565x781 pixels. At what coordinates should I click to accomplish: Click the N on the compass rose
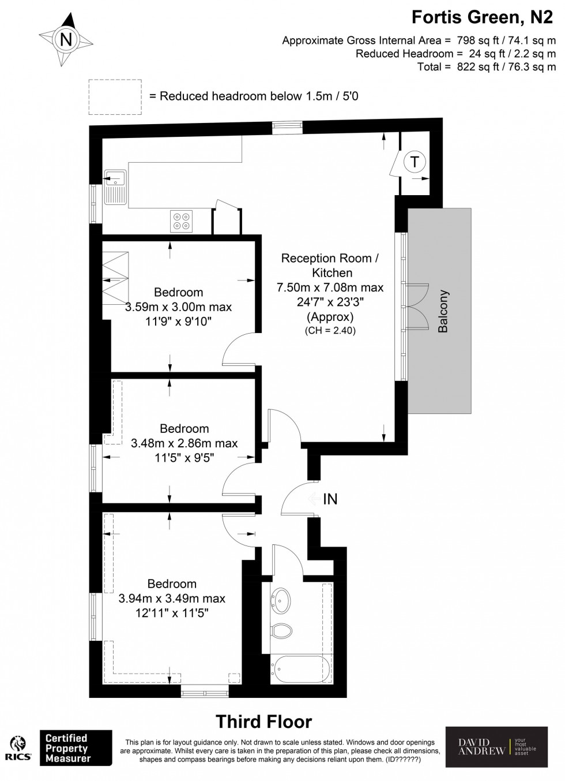coord(66,39)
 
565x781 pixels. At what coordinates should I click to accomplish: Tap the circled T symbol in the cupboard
coord(414,162)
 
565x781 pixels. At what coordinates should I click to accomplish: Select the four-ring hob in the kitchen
coord(181,221)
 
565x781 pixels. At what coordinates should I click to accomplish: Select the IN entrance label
coord(330,499)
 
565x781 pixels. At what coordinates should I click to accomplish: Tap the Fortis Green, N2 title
coord(482,17)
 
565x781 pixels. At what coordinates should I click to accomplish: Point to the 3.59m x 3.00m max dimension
coord(178,307)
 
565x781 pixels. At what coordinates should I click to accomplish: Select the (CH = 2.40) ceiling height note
coord(330,331)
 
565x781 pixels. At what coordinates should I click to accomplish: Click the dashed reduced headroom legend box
coord(115,97)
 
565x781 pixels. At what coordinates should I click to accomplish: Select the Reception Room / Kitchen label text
coord(330,266)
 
